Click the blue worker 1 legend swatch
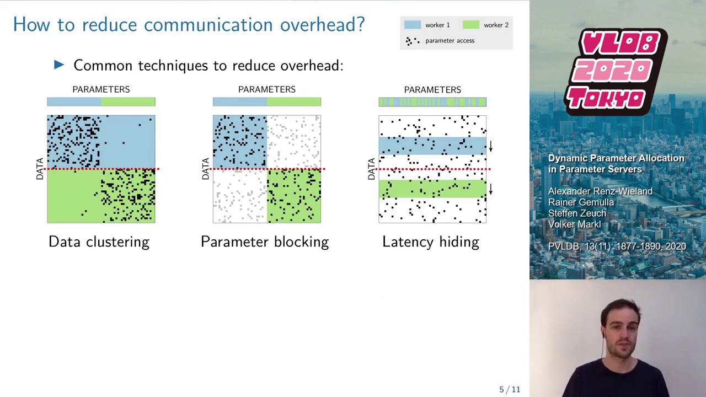(x=412, y=25)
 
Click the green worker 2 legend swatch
(x=471, y=25)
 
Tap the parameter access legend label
(x=450, y=41)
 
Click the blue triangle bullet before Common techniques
(x=59, y=65)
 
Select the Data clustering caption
(x=99, y=242)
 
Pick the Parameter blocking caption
(x=265, y=242)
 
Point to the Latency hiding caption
(x=431, y=242)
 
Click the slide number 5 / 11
(x=510, y=389)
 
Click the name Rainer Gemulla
(x=581, y=202)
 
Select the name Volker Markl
(x=575, y=224)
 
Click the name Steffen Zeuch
(x=577, y=213)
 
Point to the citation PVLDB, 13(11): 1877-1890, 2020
(x=617, y=246)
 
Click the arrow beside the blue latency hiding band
(x=491, y=146)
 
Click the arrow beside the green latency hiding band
(x=491, y=189)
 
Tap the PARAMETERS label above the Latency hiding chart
(x=432, y=90)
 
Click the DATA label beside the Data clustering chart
(x=40, y=169)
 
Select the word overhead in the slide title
(x=323, y=24)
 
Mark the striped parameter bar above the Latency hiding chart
(x=432, y=102)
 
